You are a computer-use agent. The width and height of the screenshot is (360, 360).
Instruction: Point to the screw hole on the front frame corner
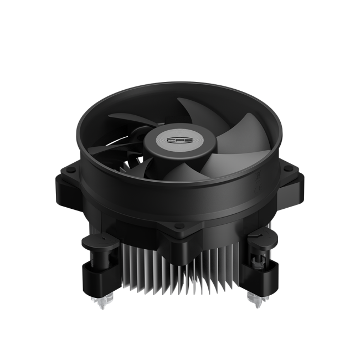pos(178,227)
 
